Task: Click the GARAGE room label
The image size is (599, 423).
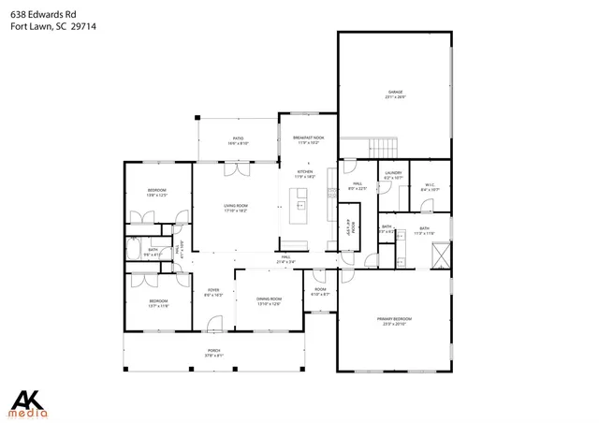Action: click(395, 92)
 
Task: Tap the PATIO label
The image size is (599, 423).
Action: click(238, 139)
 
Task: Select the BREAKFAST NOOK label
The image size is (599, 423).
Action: click(309, 139)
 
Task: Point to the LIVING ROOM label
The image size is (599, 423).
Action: click(235, 206)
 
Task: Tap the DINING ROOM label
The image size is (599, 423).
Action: click(270, 299)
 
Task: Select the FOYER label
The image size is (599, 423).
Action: click(213, 290)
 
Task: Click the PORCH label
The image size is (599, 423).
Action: click(214, 351)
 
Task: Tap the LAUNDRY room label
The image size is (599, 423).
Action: click(392, 172)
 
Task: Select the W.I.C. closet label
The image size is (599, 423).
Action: click(430, 184)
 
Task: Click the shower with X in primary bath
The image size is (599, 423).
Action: click(441, 252)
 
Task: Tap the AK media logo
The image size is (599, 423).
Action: click(34, 401)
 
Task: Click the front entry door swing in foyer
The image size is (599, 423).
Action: click(214, 324)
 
